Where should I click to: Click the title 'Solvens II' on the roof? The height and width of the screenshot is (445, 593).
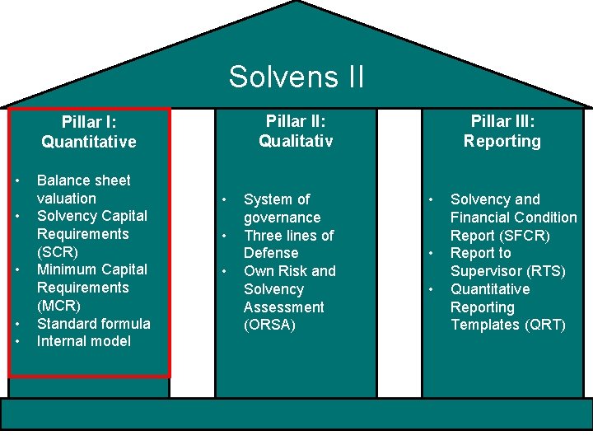click(x=296, y=77)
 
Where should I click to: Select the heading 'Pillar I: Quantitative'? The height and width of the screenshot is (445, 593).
click(x=89, y=132)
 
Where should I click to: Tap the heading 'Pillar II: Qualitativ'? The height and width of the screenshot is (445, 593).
click(x=296, y=131)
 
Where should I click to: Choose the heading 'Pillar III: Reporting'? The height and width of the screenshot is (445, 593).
click(x=502, y=131)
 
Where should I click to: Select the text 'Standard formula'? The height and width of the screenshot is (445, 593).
click(x=94, y=323)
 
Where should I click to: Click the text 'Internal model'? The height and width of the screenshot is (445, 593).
click(x=84, y=341)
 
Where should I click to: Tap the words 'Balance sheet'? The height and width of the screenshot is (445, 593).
click(x=84, y=180)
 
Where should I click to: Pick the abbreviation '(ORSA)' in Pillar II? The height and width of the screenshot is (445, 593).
click(x=269, y=325)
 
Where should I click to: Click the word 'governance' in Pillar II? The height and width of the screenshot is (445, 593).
click(x=282, y=218)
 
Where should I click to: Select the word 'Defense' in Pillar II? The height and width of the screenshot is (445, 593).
click(x=271, y=253)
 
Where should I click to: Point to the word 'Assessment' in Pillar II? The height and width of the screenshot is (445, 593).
click(x=284, y=307)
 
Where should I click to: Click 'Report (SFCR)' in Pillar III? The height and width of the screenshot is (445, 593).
click(x=500, y=236)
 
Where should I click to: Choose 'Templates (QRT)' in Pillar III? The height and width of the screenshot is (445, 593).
click(x=508, y=325)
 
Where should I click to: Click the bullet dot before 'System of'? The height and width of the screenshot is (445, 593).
click(x=223, y=199)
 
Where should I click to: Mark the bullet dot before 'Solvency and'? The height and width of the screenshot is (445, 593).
click(x=430, y=199)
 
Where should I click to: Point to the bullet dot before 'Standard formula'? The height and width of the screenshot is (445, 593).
click(x=16, y=323)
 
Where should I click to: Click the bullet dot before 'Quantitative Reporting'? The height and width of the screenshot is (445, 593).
click(x=430, y=289)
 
